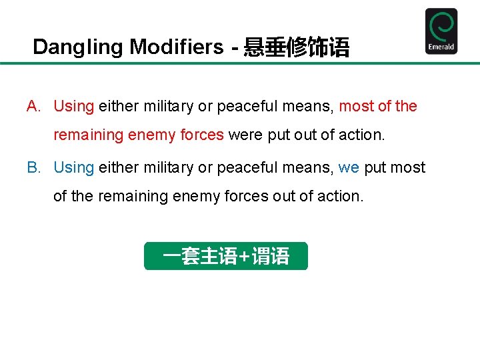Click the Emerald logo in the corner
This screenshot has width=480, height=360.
pyautogui.click(x=441, y=31)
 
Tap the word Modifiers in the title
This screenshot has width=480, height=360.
pyautogui.click(x=177, y=47)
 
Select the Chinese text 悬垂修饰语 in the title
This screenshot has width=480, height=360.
pyautogui.click(x=296, y=47)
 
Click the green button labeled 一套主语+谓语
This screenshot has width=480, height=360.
pyautogui.click(x=226, y=256)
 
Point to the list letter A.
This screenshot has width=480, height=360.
pyautogui.click(x=33, y=107)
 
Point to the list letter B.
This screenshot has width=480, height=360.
pyautogui.click(x=33, y=168)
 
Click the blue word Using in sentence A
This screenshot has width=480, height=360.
pyautogui.click(x=73, y=107)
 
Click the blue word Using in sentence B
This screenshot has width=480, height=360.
pyautogui.click(x=73, y=168)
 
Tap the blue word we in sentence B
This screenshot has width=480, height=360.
pyautogui.click(x=349, y=167)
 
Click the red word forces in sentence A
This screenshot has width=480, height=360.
pyautogui.click(x=202, y=135)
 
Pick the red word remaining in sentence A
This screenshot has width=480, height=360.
pyautogui.click(x=88, y=135)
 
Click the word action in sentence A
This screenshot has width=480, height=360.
pyautogui.click(x=362, y=135)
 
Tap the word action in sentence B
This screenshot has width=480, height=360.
pyautogui.click(x=341, y=197)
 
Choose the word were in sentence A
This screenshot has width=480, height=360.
pyautogui.click(x=245, y=135)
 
